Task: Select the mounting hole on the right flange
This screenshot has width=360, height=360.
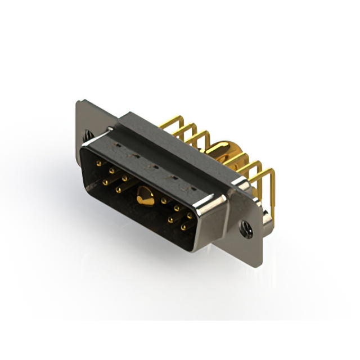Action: click(x=245, y=228)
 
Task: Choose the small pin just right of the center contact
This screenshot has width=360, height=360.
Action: click(x=164, y=200)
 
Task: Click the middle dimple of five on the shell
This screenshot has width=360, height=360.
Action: click(x=153, y=165)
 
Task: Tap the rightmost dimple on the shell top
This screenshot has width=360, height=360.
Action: click(x=190, y=184)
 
